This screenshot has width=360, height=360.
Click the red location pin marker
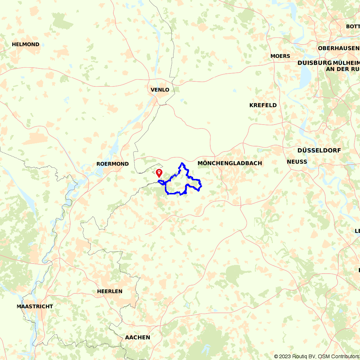(159, 173)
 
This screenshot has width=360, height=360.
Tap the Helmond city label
(26, 44)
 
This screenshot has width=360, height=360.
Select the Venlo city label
(160, 90)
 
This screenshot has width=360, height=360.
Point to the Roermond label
(112, 164)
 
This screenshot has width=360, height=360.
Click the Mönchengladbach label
(230, 163)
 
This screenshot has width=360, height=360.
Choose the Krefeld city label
(263, 105)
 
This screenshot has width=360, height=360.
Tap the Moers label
(280, 56)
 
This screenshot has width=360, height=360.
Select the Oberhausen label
(338, 48)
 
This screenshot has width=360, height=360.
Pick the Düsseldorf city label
(319, 150)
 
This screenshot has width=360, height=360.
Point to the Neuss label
(297, 162)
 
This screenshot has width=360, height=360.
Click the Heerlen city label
(109, 291)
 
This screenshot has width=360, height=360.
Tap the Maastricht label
(35, 306)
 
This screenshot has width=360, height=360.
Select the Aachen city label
(138, 337)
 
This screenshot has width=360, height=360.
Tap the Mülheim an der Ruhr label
(342, 66)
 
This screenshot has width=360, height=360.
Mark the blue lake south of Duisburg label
(306, 76)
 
